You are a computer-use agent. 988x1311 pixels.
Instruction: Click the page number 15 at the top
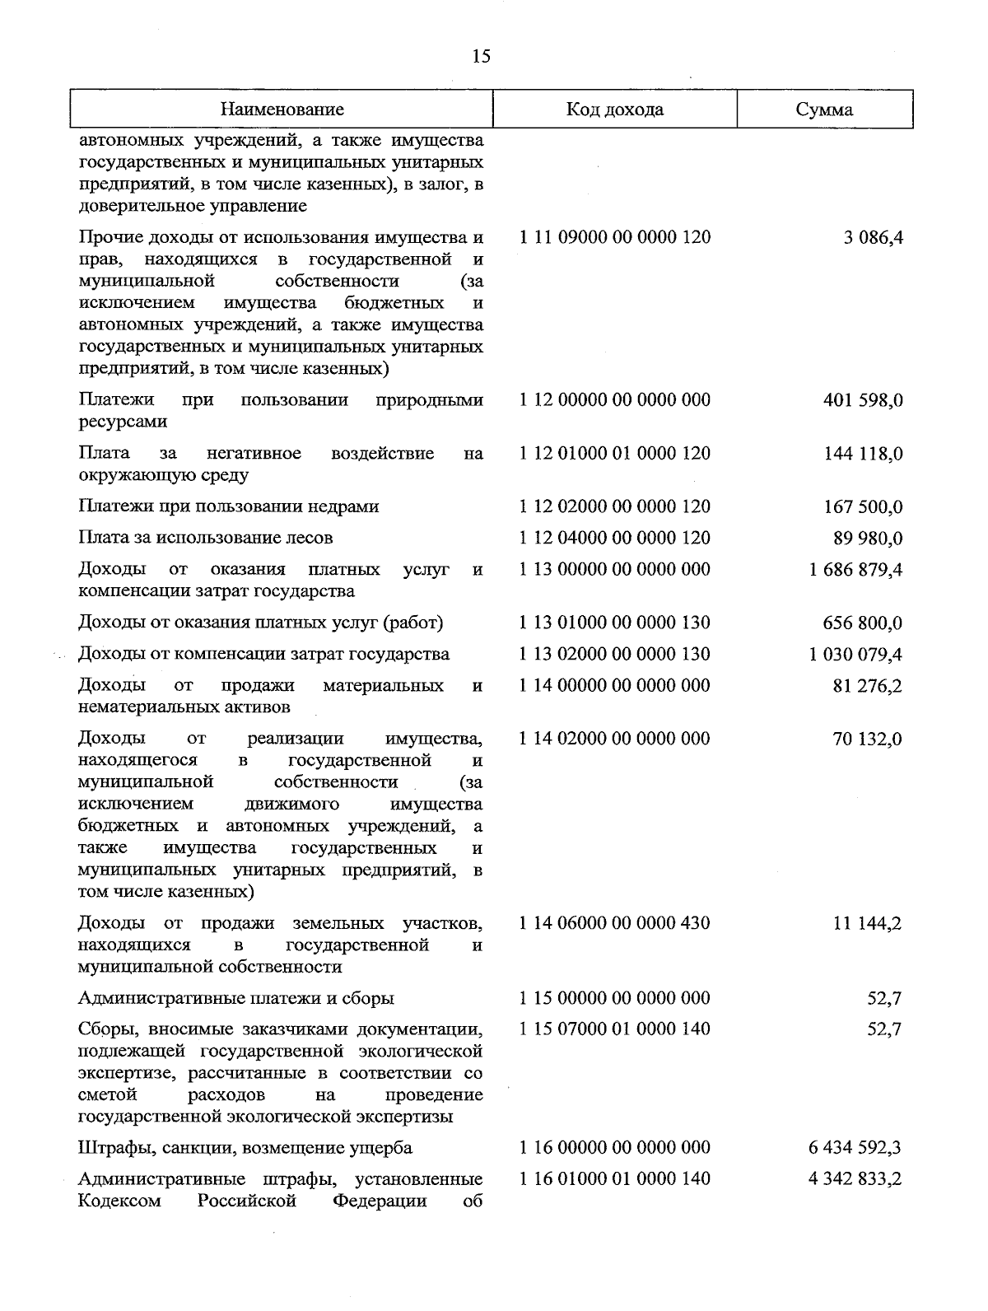(x=481, y=56)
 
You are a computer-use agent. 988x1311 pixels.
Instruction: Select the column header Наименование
(x=282, y=110)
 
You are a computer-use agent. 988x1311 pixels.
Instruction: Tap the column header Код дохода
(x=614, y=110)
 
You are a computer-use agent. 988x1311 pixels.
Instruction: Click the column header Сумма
(x=824, y=110)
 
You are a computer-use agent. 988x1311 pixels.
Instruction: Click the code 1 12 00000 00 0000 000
(x=614, y=401)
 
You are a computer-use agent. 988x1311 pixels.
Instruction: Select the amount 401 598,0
(x=863, y=401)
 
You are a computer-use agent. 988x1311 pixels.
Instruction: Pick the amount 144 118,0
(x=863, y=454)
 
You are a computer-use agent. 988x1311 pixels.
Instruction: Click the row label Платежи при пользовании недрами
(x=229, y=506)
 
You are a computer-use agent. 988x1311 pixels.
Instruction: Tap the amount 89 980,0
(x=868, y=539)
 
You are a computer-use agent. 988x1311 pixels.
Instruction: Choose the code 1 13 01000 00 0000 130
(x=614, y=623)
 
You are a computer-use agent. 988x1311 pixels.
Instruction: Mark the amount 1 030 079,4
(x=855, y=655)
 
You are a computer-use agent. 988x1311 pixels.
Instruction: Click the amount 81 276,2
(x=868, y=686)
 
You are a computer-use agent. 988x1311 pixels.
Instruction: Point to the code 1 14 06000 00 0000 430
(x=614, y=923)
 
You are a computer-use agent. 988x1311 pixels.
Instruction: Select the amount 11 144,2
(x=868, y=924)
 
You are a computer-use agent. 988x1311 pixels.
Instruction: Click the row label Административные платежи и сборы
(x=236, y=999)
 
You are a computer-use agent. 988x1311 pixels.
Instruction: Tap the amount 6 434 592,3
(x=855, y=1148)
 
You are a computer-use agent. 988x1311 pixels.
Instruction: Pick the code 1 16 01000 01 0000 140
(x=614, y=1179)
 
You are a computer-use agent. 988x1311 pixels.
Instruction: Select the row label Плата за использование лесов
(x=206, y=539)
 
